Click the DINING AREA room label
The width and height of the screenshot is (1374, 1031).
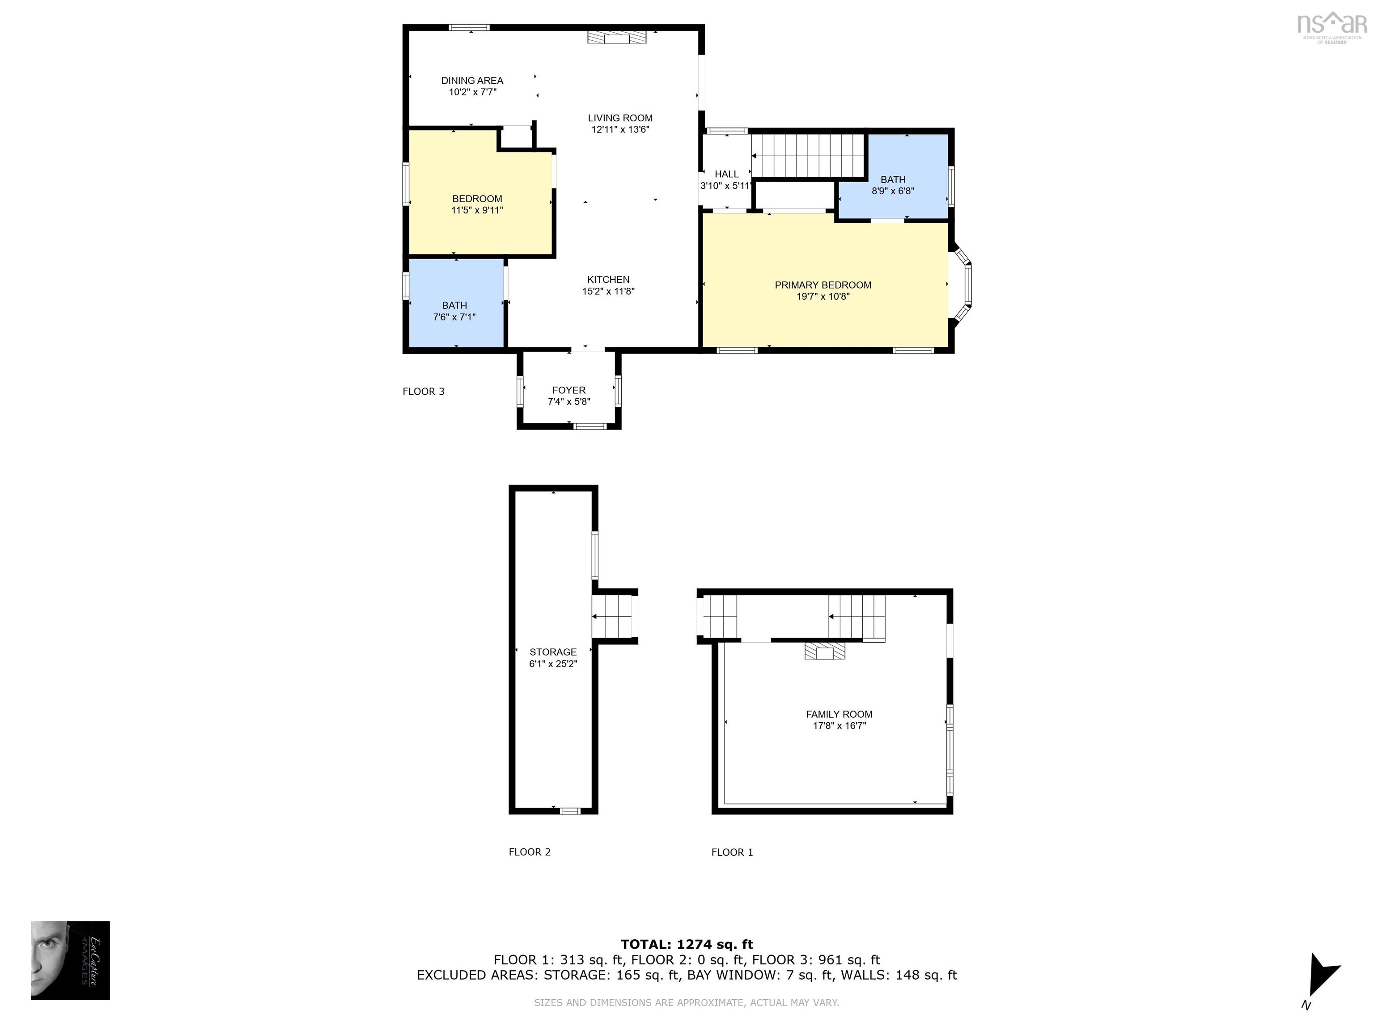(472, 80)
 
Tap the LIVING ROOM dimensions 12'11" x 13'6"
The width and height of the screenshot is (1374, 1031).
(620, 129)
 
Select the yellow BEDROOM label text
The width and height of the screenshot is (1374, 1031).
(477, 199)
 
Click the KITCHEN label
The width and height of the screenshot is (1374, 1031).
(608, 280)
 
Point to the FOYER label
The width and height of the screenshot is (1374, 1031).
(568, 390)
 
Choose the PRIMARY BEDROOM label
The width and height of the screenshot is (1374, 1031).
(823, 285)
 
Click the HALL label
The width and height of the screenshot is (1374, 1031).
(726, 175)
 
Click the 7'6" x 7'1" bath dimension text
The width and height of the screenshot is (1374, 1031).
(454, 317)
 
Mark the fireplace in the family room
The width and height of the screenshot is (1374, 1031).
(825, 651)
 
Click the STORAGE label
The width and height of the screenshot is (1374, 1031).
(553, 652)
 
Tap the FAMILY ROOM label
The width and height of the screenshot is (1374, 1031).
(839, 715)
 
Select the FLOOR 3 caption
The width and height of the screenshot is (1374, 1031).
(424, 392)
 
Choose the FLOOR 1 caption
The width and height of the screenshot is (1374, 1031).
(732, 852)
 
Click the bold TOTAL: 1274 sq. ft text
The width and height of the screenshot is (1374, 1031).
(687, 945)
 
